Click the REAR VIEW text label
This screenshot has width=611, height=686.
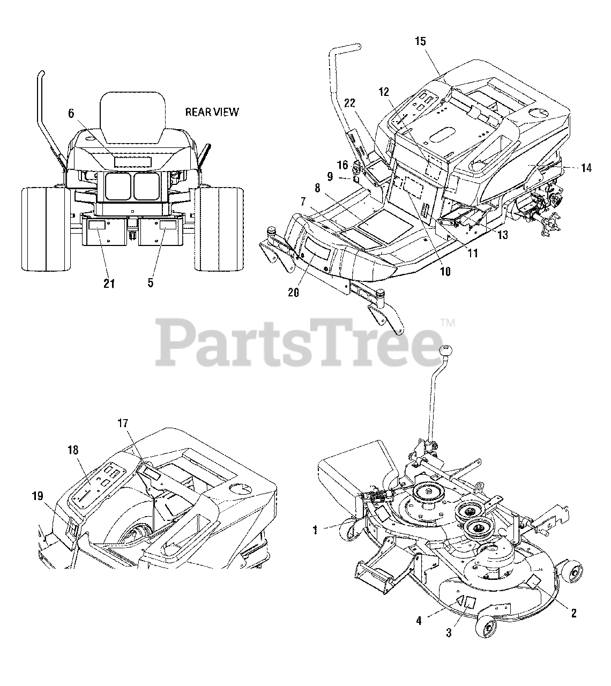click(x=212, y=112)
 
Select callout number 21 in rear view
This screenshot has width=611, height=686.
click(x=109, y=283)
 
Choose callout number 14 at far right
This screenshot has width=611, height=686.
click(x=586, y=168)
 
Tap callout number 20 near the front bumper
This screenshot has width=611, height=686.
click(x=293, y=293)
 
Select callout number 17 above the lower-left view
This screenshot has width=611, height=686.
click(x=123, y=423)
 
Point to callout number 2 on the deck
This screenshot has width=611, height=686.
click(x=573, y=614)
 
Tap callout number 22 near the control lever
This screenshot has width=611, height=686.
click(x=350, y=102)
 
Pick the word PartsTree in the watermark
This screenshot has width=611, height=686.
click(x=300, y=340)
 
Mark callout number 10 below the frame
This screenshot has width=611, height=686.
click(x=445, y=272)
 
